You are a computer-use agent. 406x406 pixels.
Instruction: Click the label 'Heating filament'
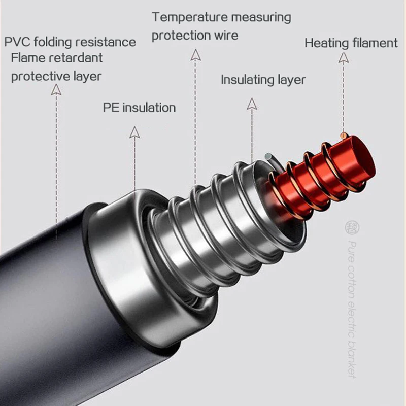351,43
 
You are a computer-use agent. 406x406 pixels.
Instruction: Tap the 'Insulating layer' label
263,80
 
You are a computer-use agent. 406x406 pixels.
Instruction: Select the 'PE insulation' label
139,108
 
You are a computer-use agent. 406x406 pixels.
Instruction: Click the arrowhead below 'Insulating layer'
252,104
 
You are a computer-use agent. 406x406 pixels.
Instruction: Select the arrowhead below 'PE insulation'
134,132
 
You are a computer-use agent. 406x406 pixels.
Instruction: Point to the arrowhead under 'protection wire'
195,55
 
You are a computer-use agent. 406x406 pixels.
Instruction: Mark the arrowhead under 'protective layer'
56,90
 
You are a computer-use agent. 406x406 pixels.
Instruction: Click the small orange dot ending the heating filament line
344,136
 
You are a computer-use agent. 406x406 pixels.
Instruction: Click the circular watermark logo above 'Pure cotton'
350,225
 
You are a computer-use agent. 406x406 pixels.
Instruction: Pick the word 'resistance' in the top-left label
108,42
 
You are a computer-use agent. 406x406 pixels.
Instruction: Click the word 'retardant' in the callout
75,58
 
